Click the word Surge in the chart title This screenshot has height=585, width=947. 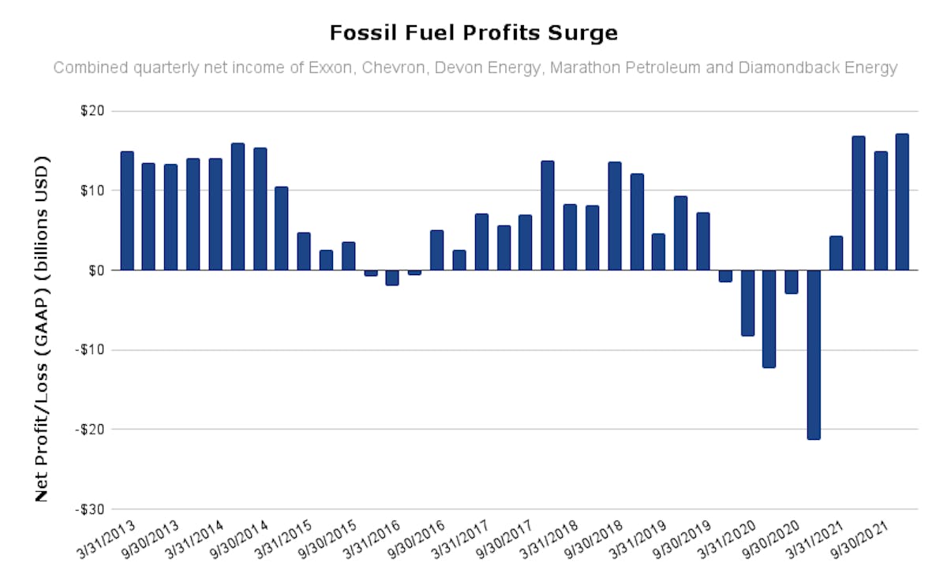(582, 32)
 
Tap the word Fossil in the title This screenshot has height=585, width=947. (364, 32)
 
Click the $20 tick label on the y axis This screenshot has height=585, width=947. (92, 111)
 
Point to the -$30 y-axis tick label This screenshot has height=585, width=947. (90, 509)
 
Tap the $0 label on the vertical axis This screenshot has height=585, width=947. (96, 270)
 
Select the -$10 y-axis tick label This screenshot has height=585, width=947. (90, 350)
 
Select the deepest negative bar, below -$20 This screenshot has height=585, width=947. (814, 355)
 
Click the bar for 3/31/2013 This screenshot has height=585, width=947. (127, 211)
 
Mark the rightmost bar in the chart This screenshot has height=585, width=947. (902, 202)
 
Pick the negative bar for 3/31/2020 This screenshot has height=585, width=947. (748, 303)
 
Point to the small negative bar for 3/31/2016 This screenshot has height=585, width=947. (392, 278)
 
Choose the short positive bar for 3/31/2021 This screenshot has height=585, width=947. (837, 253)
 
